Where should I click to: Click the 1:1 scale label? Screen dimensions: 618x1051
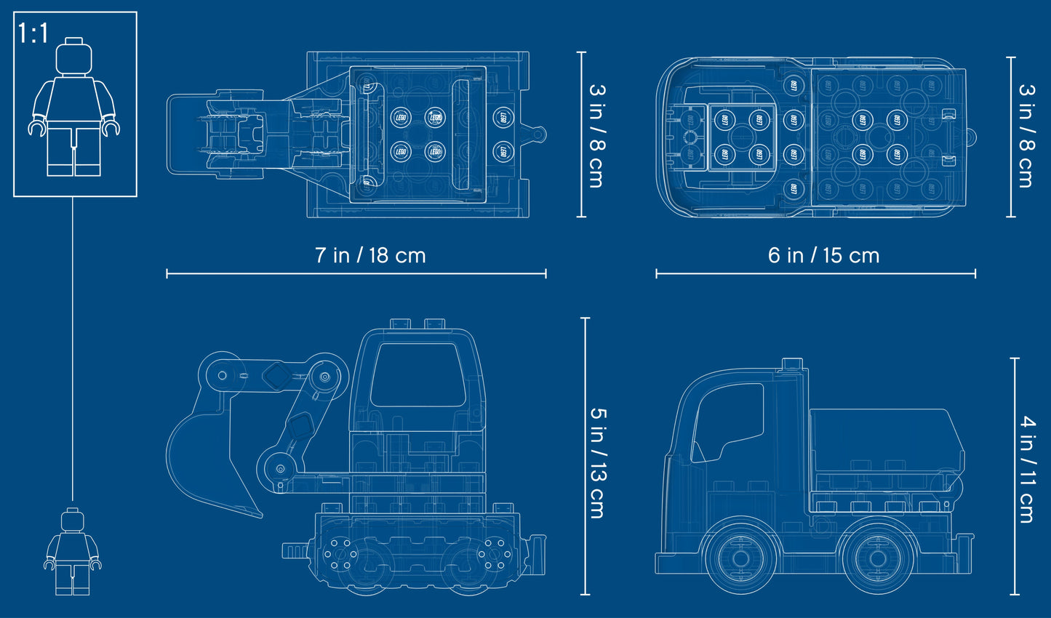(x=33, y=33)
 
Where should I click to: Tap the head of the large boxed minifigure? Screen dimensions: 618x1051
(x=74, y=56)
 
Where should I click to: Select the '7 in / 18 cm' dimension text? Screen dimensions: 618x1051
(x=370, y=255)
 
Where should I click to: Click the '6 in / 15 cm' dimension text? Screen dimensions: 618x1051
(x=823, y=255)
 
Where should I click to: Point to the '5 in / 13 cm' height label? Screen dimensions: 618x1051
(x=597, y=462)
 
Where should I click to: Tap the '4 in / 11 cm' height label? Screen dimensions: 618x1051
(x=1026, y=469)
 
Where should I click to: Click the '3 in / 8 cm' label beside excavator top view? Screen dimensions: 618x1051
(x=596, y=135)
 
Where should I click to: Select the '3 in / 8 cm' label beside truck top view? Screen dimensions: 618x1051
(x=1026, y=135)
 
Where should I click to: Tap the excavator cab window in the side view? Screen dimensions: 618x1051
(x=417, y=374)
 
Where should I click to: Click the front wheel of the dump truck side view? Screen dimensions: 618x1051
(x=740, y=558)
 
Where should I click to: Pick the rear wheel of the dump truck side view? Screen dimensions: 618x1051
(x=876, y=558)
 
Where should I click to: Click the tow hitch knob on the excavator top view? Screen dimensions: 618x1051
(x=538, y=135)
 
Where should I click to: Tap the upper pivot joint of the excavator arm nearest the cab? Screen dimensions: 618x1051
(x=324, y=377)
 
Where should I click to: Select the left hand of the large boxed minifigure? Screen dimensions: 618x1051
(x=111, y=128)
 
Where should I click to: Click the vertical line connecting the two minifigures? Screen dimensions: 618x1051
(x=73, y=349)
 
